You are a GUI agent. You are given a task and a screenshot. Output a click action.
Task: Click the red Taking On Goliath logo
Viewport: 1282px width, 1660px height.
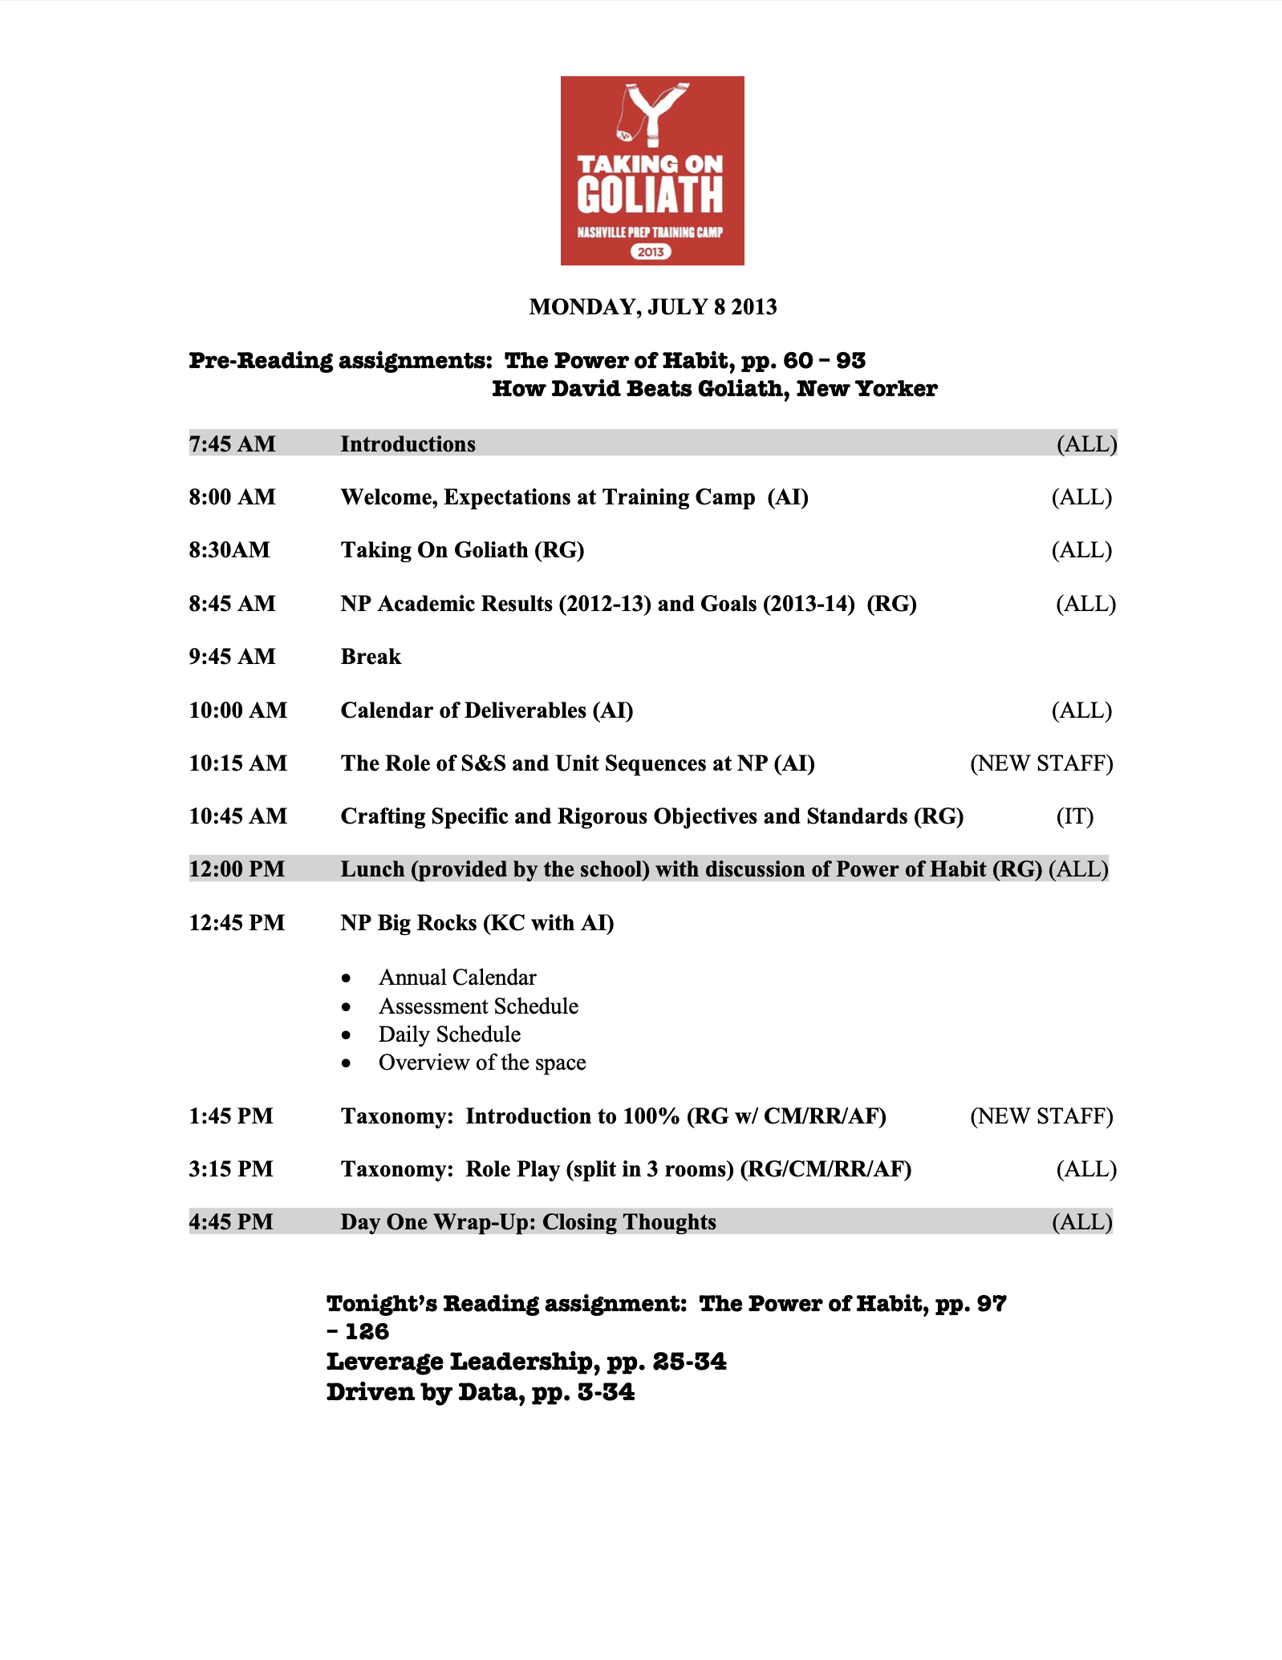[651, 170]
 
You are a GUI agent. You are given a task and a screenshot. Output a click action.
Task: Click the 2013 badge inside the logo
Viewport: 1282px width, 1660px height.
[651, 252]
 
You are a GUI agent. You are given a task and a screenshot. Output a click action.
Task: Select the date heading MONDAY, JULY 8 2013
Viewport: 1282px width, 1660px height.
[652, 307]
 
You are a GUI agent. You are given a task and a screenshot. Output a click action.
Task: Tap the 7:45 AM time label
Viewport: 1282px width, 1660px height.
[232, 443]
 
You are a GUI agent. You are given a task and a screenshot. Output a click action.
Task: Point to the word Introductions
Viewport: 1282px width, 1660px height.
[408, 444]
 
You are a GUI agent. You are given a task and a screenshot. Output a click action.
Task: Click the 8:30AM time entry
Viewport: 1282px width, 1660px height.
[229, 550]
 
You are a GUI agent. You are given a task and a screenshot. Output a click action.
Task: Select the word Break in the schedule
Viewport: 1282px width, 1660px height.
[371, 657]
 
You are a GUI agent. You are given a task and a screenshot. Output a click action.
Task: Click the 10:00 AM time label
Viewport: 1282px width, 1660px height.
[237, 711]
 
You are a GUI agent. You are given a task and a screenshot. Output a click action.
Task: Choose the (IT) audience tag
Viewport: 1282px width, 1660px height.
[1074, 816]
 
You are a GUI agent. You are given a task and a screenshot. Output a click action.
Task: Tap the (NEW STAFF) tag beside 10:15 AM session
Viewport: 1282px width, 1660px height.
[1041, 763]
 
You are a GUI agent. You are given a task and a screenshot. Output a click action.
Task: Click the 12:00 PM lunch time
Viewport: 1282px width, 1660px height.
[237, 869]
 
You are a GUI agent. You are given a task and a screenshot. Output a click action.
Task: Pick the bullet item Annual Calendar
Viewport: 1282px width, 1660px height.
[457, 978]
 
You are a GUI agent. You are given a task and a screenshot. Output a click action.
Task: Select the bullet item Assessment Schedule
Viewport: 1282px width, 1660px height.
[478, 1006]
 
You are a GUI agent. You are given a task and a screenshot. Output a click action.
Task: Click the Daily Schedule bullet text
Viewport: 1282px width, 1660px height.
[449, 1034]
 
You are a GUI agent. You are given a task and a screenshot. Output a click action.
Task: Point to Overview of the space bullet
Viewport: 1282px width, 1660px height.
[482, 1063]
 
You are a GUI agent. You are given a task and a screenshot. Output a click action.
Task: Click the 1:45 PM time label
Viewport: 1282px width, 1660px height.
[231, 1116]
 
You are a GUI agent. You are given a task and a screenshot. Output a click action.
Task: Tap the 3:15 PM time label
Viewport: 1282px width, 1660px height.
[231, 1169]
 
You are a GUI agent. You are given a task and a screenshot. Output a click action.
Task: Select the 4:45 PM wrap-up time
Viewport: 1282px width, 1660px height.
[231, 1222]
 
